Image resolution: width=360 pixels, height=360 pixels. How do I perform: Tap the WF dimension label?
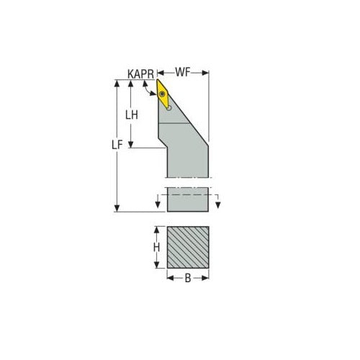(x=183, y=73)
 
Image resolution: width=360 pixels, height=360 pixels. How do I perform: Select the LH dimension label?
(x=132, y=114)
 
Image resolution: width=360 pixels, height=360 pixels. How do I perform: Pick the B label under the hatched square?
(x=189, y=279)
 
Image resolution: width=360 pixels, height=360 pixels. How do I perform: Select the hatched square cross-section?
(x=188, y=248)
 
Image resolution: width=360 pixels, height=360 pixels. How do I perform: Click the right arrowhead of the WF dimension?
(x=206, y=73)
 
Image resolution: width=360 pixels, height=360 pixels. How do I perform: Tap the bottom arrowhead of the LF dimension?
(x=117, y=208)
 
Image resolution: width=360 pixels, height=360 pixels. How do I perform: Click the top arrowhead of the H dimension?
(x=157, y=230)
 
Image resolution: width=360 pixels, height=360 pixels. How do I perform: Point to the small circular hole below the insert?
(x=170, y=108)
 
